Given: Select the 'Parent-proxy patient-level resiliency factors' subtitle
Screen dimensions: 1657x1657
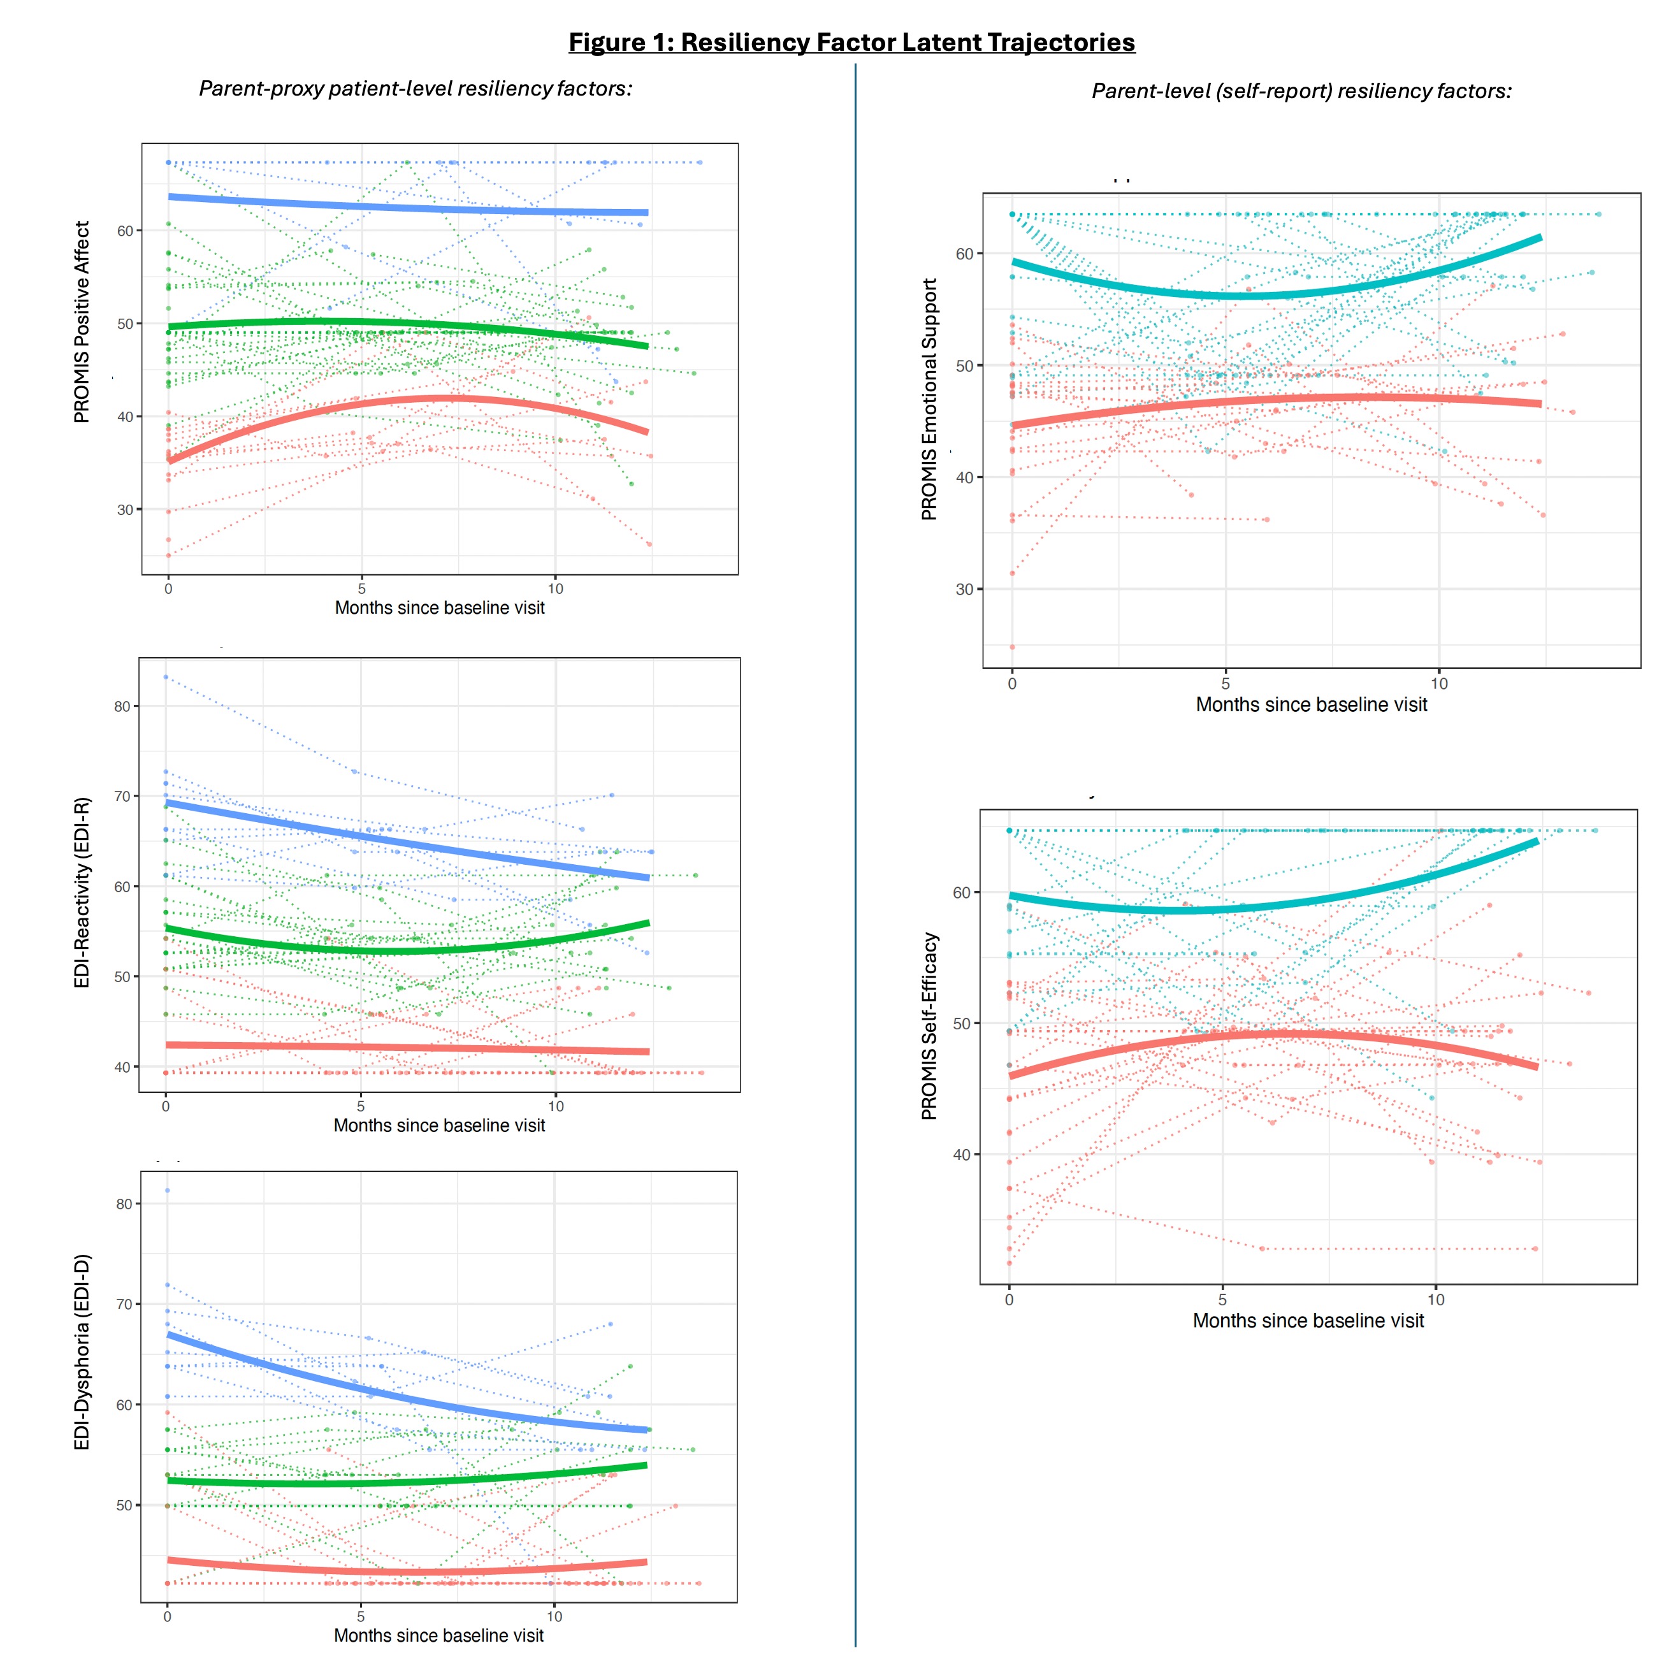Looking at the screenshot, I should click(416, 89).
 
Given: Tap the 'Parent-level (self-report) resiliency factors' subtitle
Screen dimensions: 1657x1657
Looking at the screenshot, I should click(1301, 91).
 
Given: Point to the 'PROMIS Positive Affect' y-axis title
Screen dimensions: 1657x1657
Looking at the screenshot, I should click(82, 322).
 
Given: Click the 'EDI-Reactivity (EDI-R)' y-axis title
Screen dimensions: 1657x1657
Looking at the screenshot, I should click(82, 892).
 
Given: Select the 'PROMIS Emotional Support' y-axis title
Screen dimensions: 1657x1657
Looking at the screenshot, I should click(929, 399).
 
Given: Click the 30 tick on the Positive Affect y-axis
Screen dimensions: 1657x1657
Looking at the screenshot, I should click(125, 509).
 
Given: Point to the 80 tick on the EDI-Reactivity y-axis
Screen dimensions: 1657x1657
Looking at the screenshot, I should click(122, 707).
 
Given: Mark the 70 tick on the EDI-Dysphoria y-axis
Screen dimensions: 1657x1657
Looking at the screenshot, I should click(124, 1305).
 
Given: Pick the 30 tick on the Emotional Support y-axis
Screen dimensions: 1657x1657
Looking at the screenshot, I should click(964, 590).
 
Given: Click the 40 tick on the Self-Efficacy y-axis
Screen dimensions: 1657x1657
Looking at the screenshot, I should click(962, 1154).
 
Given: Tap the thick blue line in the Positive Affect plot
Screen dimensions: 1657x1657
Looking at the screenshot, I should click(403, 206).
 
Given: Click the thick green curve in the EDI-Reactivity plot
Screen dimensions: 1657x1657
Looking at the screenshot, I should click(403, 950).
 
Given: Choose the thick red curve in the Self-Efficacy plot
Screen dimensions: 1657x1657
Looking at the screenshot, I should click(1270, 1034).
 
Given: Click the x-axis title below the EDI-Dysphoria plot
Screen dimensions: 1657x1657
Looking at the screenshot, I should click(438, 1635).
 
